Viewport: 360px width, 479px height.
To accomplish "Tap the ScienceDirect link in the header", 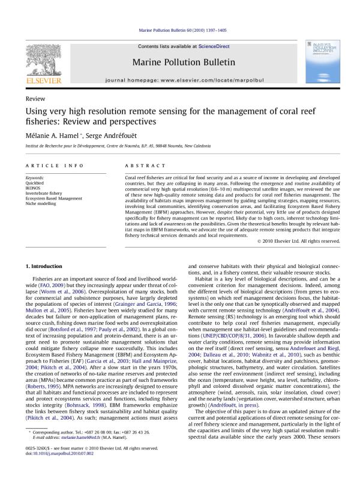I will (x=212, y=46).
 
